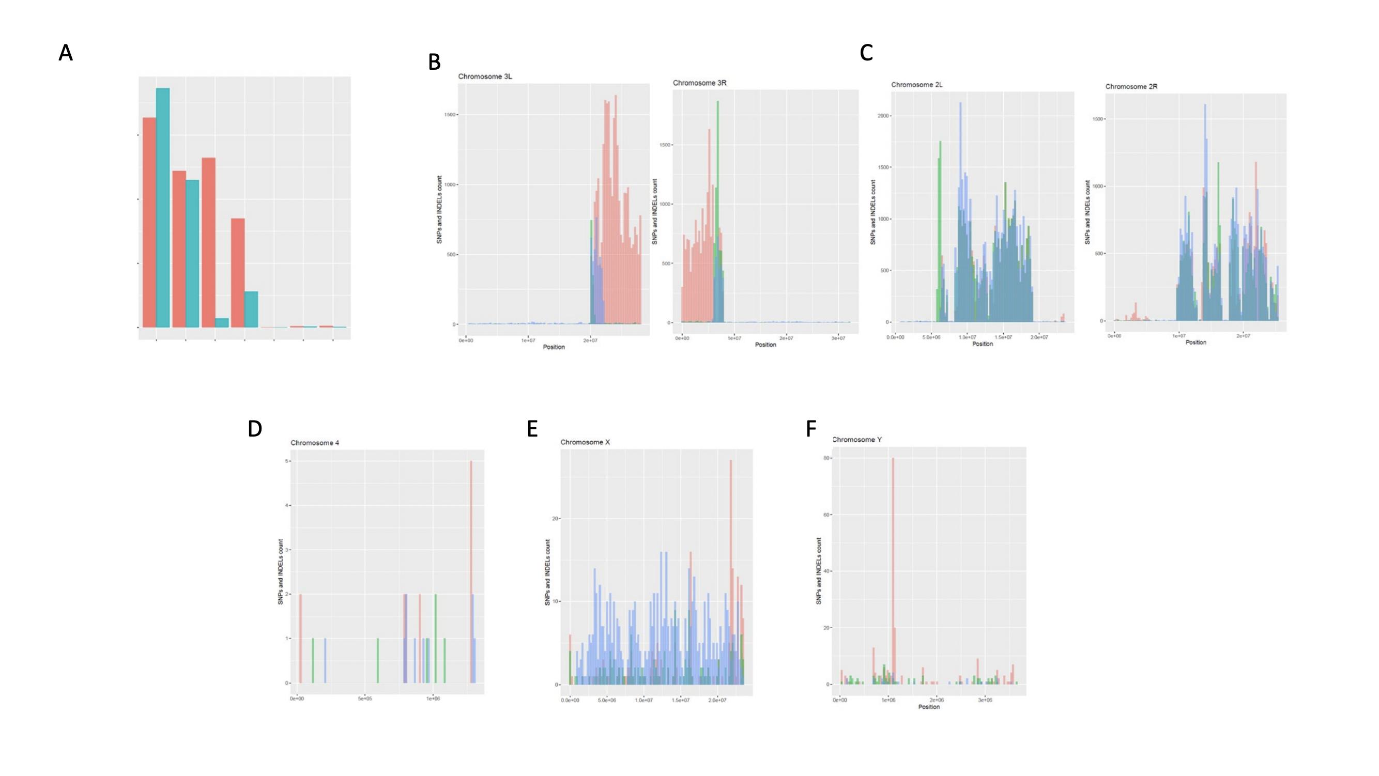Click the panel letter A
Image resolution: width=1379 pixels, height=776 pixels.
coord(65,53)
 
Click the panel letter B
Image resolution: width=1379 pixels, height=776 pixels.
coord(434,63)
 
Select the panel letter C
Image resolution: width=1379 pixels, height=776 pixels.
coord(866,53)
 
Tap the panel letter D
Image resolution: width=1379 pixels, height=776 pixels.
coord(255,429)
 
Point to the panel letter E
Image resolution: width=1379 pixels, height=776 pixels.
coord(532,429)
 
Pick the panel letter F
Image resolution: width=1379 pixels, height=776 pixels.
coord(811,429)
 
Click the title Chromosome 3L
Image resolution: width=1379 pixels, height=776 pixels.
coord(484,76)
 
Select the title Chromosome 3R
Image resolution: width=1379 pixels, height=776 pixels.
coord(699,83)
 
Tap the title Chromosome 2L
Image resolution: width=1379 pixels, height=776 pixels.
coord(916,85)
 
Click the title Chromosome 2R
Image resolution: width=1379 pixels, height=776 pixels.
coord(1131,86)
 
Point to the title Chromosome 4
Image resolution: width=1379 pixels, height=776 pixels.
coord(314,443)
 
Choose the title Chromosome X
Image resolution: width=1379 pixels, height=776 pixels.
coord(585,443)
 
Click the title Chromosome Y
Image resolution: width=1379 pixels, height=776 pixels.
coord(856,440)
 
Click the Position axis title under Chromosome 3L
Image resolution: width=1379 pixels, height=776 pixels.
coord(554,347)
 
